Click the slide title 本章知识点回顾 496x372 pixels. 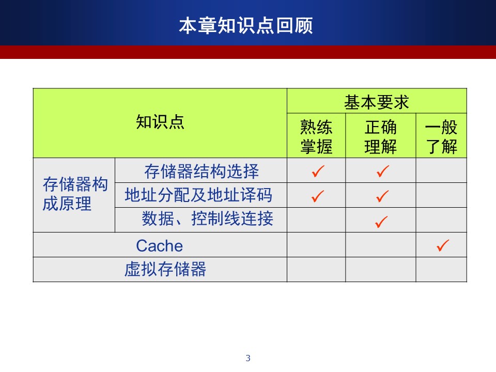click(246, 26)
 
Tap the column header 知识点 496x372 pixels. click(160, 122)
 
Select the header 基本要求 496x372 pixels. click(377, 102)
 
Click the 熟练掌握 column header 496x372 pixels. click(316, 136)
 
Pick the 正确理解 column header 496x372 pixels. click(381, 136)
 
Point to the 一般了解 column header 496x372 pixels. click(441, 136)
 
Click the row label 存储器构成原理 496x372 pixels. click(75, 194)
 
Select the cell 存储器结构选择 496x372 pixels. click(202, 171)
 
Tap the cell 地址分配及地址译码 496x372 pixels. click(198, 195)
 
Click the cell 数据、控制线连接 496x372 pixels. click(207, 218)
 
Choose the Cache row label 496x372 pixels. click(160, 246)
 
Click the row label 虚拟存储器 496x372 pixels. click(165, 269)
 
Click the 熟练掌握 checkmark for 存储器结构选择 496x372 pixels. click(318, 171)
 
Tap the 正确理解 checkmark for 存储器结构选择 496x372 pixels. click(383, 171)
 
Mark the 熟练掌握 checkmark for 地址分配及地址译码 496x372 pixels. click(318, 196)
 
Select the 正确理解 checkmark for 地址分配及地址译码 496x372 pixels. click(382, 196)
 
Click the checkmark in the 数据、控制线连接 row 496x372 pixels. click(381, 222)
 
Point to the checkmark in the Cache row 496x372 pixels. click(443, 245)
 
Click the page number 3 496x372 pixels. click(248, 358)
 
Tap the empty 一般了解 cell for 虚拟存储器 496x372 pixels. click(441, 270)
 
